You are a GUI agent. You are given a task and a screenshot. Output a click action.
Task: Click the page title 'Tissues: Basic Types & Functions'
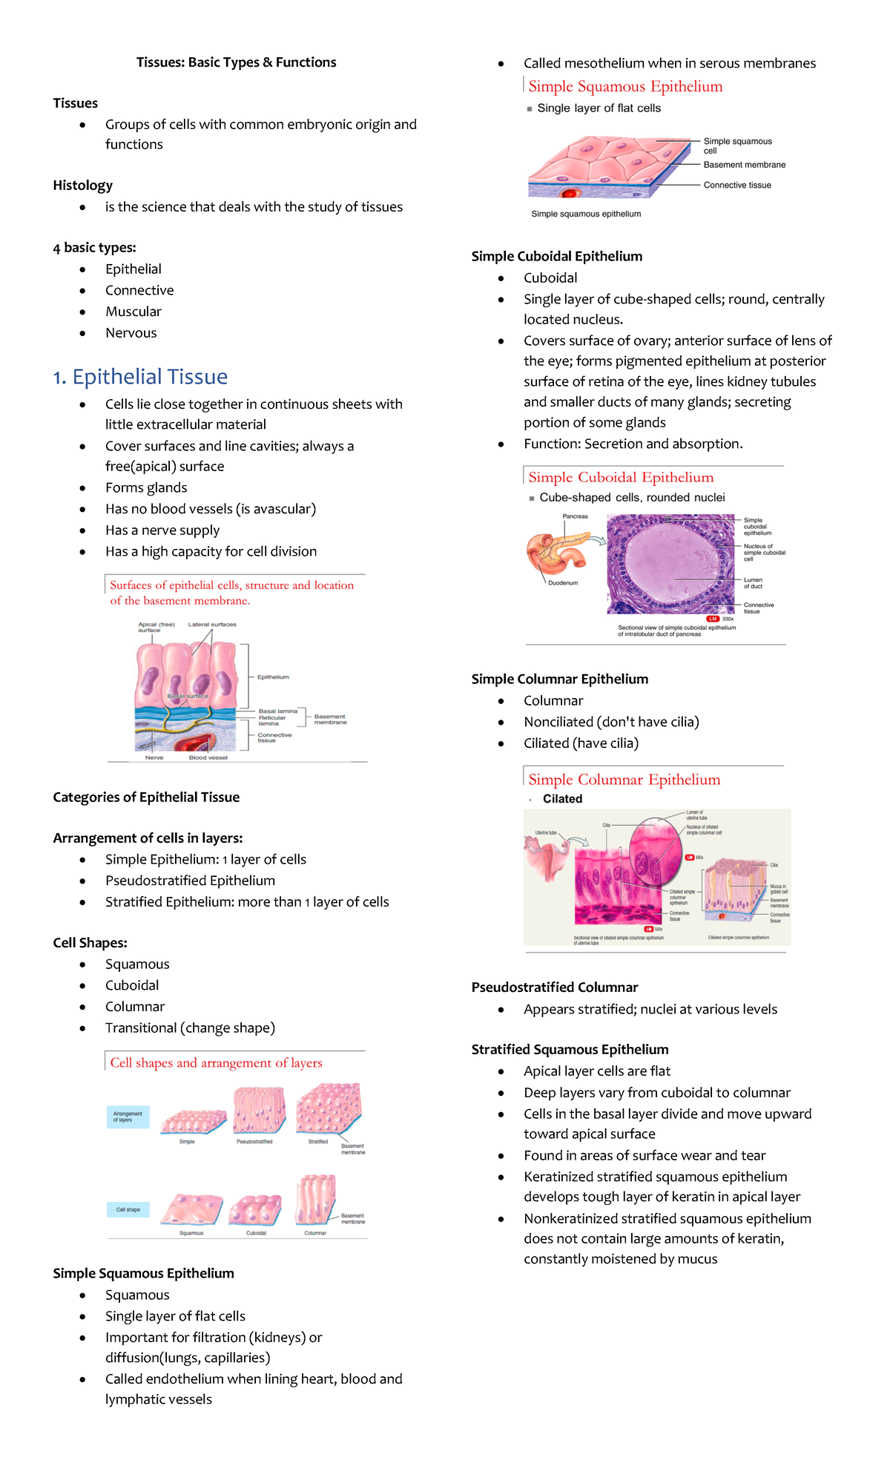point(236,62)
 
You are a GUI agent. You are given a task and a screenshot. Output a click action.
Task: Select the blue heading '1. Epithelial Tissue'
point(140,377)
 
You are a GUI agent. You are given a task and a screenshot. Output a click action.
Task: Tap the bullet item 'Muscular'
point(133,312)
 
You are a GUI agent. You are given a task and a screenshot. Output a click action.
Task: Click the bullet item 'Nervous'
point(131,333)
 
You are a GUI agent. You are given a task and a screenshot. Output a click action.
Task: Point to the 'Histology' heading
point(82,185)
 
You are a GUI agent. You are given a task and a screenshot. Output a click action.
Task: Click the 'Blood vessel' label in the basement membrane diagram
point(208,757)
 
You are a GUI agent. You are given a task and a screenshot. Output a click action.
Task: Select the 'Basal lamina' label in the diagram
point(278,711)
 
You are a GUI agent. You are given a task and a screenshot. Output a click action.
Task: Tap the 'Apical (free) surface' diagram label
point(156,627)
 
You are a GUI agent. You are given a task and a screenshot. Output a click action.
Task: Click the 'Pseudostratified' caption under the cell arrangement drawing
point(254,1142)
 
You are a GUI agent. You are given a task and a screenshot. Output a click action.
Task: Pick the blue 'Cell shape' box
point(128,1209)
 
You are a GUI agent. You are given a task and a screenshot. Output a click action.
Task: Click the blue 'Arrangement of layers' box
point(128,1117)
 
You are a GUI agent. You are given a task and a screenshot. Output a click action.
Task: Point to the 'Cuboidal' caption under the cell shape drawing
point(256,1233)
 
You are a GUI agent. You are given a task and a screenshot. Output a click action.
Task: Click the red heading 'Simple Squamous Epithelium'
point(625,87)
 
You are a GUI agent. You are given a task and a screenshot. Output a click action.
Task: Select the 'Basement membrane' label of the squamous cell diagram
point(744,165)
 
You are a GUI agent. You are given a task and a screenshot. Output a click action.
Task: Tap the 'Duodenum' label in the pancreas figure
point(563,583)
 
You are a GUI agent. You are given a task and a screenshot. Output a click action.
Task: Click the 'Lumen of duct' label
point(753,583)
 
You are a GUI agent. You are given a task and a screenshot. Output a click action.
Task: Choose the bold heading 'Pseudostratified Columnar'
point(554,987)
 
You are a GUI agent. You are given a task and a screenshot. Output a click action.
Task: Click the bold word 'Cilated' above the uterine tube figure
point(562,799)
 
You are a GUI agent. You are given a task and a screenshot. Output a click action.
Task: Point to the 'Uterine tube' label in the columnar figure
point(546,832)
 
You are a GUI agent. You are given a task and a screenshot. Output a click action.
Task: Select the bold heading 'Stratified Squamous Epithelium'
point(570,1050)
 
